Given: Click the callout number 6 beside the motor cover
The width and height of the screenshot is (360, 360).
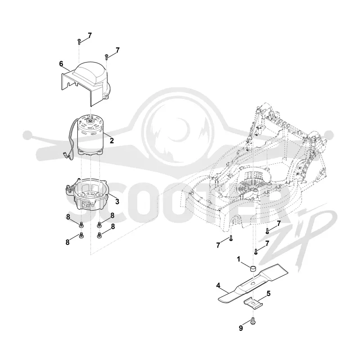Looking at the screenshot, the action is [x=61, y=64].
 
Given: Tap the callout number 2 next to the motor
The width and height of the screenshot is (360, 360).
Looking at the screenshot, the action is [x=112, y=140].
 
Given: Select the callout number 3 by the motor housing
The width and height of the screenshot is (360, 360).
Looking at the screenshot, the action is [x=117, y=202].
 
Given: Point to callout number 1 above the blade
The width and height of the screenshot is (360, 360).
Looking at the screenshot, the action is [x=238, y=259].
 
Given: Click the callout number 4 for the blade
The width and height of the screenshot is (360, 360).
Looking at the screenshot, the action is [x=218, y=286].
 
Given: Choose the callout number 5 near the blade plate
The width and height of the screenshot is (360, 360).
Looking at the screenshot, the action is [x=268, y=293].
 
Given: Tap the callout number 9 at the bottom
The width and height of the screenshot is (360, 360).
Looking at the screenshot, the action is [x=241, y=328].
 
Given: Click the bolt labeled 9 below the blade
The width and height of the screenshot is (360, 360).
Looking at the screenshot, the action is [x=253, y=321].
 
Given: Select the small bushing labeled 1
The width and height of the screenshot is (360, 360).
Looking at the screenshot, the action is [x=253, y=268].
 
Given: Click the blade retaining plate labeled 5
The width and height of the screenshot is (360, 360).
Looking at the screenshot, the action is [x=253, y=303].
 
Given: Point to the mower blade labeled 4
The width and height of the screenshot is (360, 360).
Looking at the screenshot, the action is [x=252, y=284].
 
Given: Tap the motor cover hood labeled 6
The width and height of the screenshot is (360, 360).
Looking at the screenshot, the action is [x=85, y=83].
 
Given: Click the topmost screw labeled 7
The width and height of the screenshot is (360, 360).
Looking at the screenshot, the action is [x=79, y=42].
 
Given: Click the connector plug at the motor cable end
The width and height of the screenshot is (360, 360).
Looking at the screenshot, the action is [x=65, y=155].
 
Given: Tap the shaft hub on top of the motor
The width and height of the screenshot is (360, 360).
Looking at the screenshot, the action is [x=90, y=119].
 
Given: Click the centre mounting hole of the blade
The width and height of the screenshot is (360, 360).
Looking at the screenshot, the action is [x=253, y=283].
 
